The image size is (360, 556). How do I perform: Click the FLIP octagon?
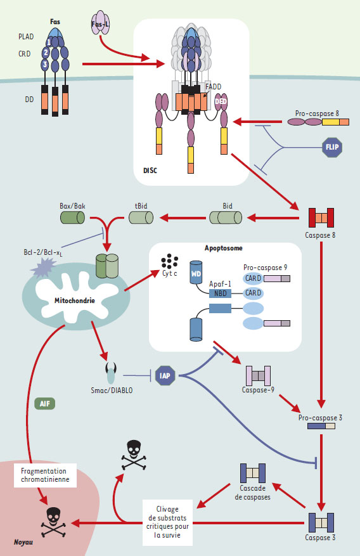pos(332,147)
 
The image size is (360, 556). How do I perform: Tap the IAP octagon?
pos(165,376)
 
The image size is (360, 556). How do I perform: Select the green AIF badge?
pos(44,403)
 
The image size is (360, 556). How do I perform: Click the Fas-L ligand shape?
pos(100,23)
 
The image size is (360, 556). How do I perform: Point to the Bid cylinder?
pos(226,217)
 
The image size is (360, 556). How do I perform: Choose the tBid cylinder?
pos(141,217)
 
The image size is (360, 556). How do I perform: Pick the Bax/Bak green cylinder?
pos(72,217)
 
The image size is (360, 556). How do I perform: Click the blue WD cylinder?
pos(196,273)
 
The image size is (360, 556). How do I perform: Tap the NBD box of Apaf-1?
pos(220,294)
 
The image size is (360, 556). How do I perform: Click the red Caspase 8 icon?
pos(321,217)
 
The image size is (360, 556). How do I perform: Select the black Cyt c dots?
pos(169,261)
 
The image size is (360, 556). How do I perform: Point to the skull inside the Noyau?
pos(53,521)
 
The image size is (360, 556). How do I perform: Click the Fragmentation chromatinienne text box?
pos(46,475)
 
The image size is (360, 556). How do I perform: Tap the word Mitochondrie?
pos(75,301)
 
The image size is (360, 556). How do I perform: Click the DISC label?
pos(150,171)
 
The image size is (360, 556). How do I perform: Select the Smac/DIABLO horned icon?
pos(111,373)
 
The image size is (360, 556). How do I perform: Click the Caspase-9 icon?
pos(259,375)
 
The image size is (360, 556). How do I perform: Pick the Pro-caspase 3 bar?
pos(321,426)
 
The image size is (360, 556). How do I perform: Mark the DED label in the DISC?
pos(221,101)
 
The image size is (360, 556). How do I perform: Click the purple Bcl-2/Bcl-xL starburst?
pos(44,267)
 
